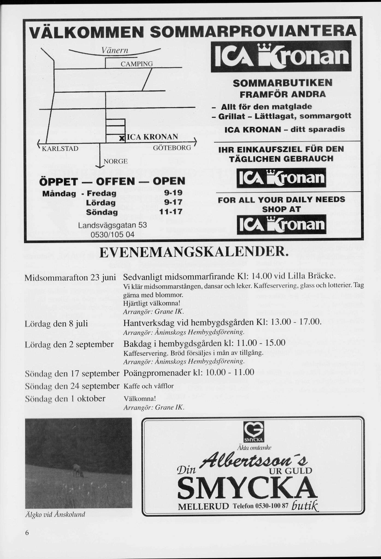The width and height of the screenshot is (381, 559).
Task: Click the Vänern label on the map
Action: [x=115, y=50]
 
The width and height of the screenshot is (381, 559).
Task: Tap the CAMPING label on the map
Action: [x=137, y=64]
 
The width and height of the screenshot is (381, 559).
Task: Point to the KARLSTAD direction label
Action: [x=60, y=148]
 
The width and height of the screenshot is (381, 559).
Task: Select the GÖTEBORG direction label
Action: [x=172, y=148]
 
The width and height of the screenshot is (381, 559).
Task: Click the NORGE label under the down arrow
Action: [x=116, y=161]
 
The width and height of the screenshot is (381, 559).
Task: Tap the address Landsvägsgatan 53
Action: [x=112, y=225]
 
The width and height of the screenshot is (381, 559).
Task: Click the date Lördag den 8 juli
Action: [x=56, y=324]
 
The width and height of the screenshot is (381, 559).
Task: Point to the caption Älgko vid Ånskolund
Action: [x=55, y=515]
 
